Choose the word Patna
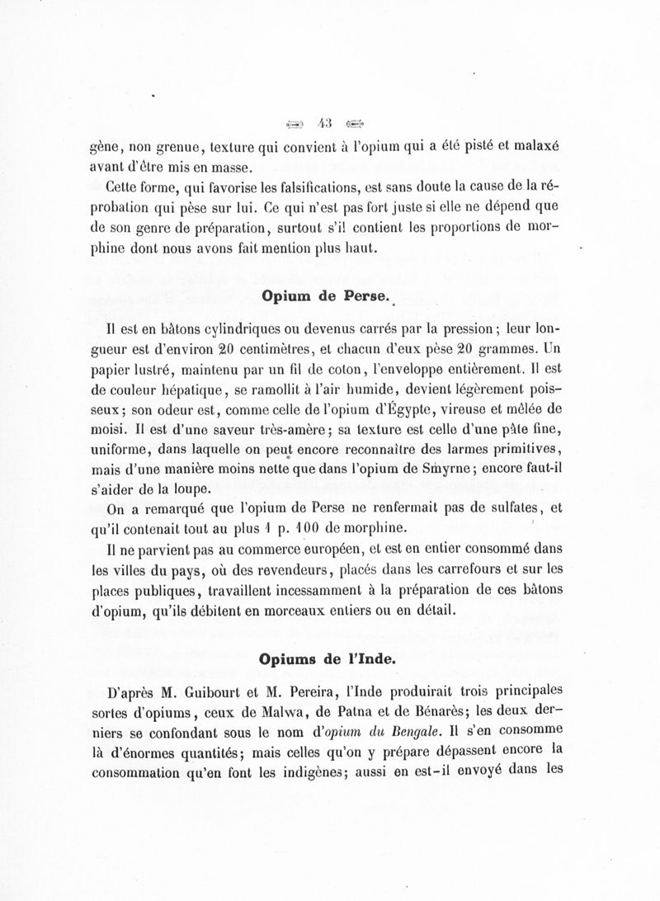375,711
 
